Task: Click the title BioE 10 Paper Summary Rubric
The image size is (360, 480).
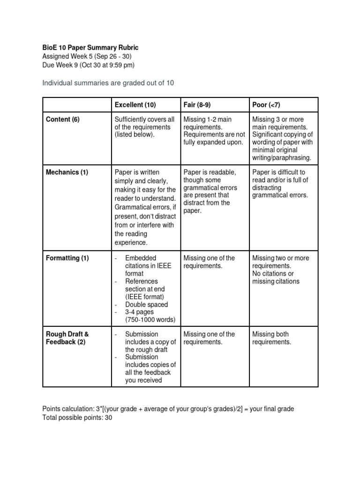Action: (x=90, y=48)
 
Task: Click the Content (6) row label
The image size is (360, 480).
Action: (x=63, y=120)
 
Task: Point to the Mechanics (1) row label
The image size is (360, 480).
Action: (x=67, y=172)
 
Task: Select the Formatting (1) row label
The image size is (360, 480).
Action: (x=67, y=258)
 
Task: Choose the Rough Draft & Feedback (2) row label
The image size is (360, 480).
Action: (x=67, y=338)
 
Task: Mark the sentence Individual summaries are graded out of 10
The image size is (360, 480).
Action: (x=108, y=83)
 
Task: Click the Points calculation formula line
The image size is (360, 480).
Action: (x=168, y=409)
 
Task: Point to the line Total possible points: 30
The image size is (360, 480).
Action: (x=77, y=417)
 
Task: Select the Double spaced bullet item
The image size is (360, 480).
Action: (x=146, y=304)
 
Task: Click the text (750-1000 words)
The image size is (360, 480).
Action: (x=150, y=320)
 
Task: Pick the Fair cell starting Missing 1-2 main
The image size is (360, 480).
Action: (x=214, y=131)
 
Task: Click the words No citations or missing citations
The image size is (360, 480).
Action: (x=276, y=277)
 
